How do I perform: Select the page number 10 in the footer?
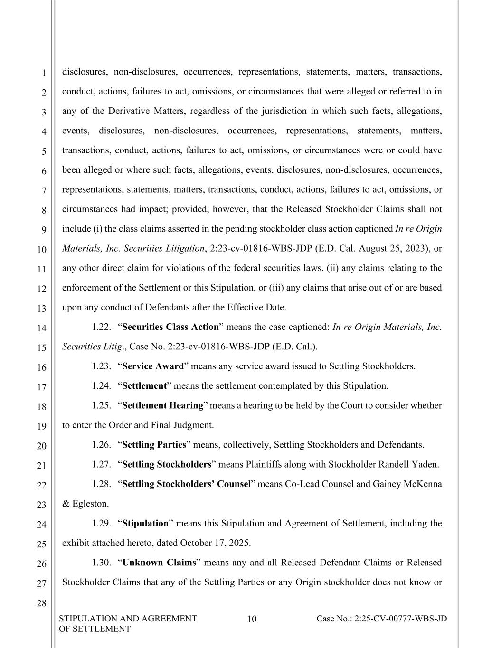[252, 619]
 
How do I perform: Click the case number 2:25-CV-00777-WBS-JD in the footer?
[381, 619]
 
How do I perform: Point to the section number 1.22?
[102, 327]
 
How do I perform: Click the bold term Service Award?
[153, 366]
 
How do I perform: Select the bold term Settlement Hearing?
[163, 406]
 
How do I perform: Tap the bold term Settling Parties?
[154, 445]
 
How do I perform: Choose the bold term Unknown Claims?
[159, 563]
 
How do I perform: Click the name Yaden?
[425, 465]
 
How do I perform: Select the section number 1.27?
[102, 465]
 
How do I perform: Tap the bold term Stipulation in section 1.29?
[145, 524]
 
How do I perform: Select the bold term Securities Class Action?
[170, 327]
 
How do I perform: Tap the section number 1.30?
[102, 563]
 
